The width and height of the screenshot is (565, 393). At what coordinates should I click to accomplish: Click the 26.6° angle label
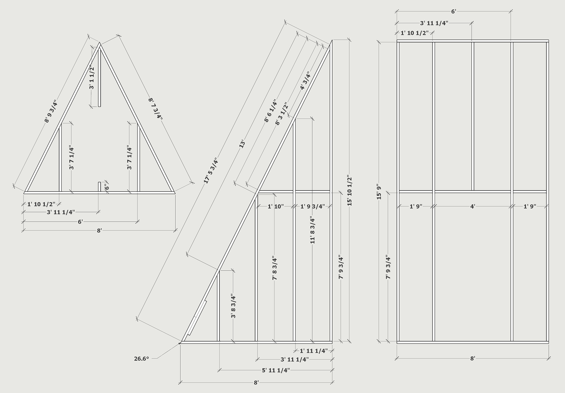pyautogui.click(x=142, y=359)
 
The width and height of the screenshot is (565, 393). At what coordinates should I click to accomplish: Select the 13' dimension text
pyautogui.click(x=242, y=145)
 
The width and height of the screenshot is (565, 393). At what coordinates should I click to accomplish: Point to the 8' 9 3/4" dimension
pyautogui.click(x=50, y=111)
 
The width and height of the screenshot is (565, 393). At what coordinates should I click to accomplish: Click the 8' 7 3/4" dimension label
pyautogui.click(x=155, y=109)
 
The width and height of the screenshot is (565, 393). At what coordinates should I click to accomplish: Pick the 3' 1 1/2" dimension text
pyautogui.click(x=92, y=77)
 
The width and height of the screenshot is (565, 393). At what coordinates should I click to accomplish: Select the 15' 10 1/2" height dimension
pyautogui.click(x=349, y=191)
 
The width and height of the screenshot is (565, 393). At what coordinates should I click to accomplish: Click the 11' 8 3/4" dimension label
pyautogui.click(x=313, y=230)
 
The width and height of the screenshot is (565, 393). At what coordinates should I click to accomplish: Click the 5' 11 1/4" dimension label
pyautogui.click(x=276, y=370)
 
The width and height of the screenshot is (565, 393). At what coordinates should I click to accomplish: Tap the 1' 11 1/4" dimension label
pyautogui.click(x=314, y=351)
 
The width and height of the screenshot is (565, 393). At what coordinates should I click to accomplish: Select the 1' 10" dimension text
pyautogui.click(x=275, y=206)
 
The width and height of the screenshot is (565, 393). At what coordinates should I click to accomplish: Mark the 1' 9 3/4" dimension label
pyautogui.click(x=313, y=206)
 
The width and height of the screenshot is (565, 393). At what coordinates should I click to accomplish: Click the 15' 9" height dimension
pyautogui.click(x=379, y=192)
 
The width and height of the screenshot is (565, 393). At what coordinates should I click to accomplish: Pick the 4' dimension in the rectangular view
pyautogui.click(x=473, y=206)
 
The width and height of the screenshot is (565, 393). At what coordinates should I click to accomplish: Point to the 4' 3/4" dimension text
pyautogui.click(x=305, y=81)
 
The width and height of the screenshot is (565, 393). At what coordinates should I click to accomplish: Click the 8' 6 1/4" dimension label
pyautogui.click(x=271, y=111)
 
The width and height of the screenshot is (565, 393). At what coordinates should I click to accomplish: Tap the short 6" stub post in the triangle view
pyautogui.click(x=99, y=187)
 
